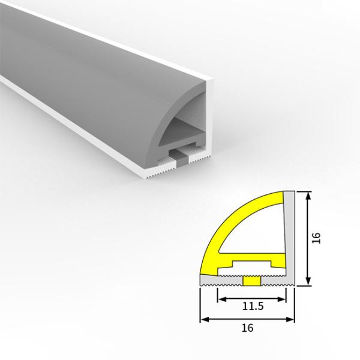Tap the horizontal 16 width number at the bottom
click(x=247, y=328)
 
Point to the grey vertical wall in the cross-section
click(x=289, y=234)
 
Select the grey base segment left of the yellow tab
click(x=221, y=281)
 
